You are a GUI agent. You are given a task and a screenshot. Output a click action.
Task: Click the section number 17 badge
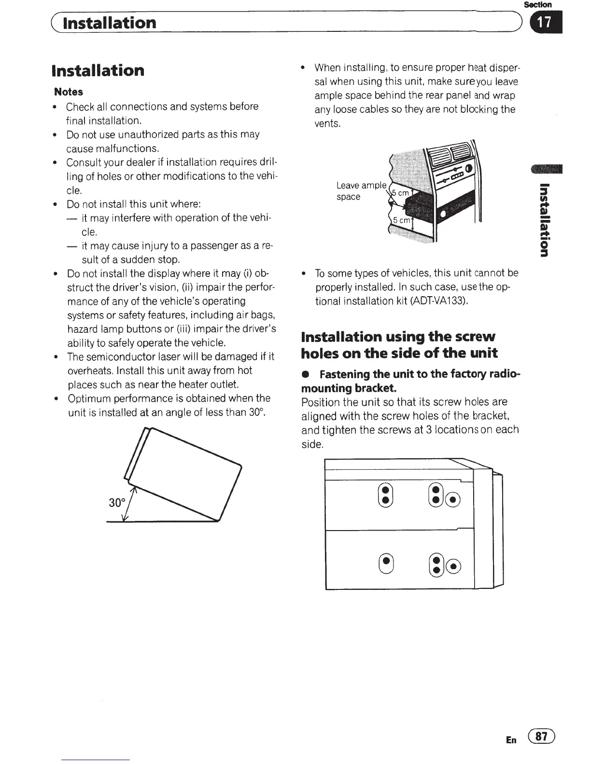point(546,23)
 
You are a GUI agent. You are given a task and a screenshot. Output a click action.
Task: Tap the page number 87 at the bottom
point(542,737)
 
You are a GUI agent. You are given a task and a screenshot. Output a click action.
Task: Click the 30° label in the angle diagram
point(117,503)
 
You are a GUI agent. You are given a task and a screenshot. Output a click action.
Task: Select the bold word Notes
point(69,92)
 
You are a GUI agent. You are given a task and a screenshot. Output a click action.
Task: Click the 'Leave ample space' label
point(361,191)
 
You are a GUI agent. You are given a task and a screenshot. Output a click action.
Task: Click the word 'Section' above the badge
point(537,4)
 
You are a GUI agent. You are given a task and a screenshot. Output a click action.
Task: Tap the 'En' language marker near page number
point(511,739)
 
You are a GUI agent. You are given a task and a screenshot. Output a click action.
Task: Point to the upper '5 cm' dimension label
point(400,193)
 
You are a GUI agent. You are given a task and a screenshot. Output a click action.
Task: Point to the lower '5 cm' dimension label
point(401,220)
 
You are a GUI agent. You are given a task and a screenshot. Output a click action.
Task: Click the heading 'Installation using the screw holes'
point(398,344)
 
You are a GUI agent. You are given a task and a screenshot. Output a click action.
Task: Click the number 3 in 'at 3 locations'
point(428,430)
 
